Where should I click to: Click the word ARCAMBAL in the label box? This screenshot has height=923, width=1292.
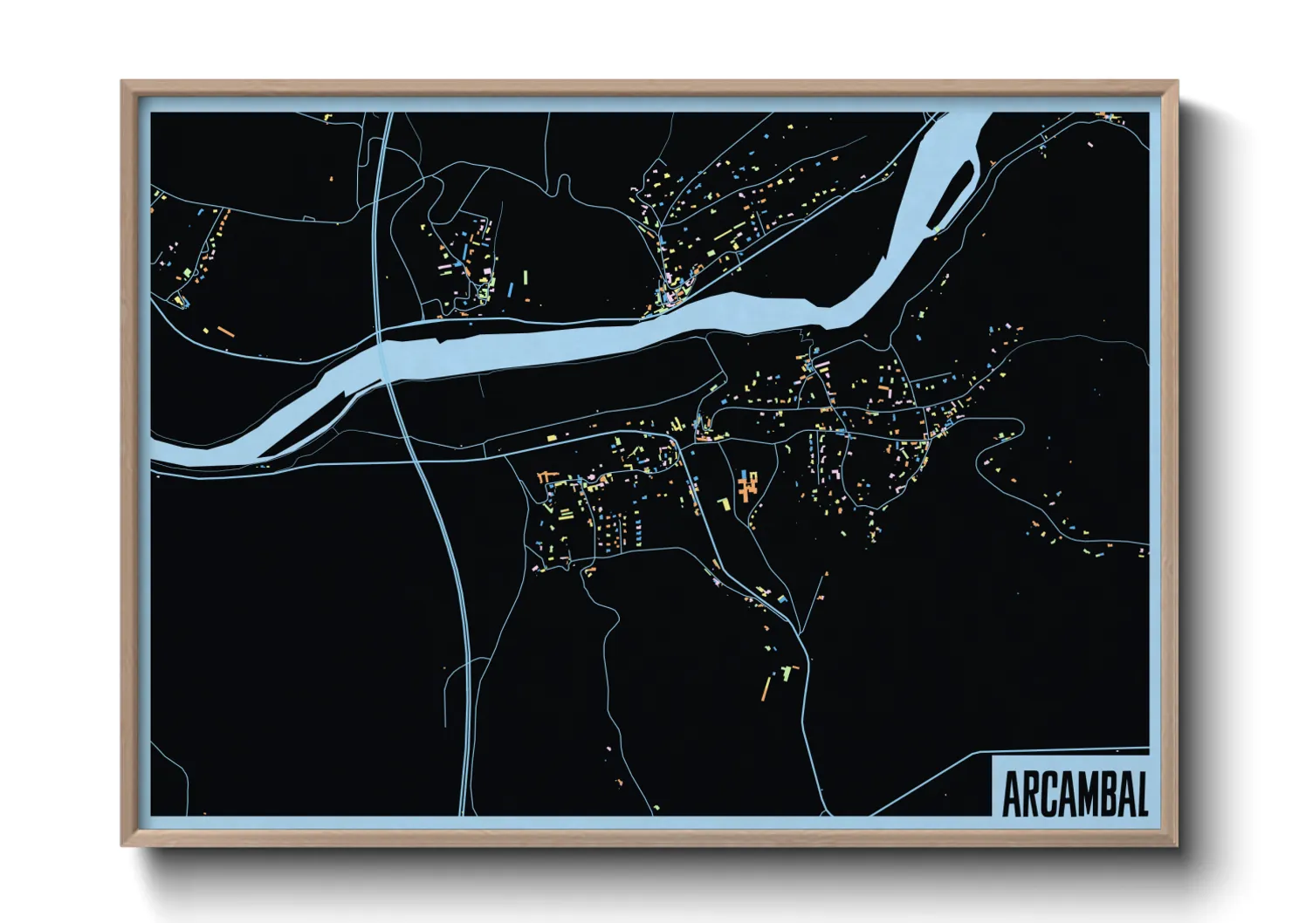(1074, 793)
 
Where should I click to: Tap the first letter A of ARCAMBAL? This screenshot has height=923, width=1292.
(1012, 793)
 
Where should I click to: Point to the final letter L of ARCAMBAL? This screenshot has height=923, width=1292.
(1140, 793)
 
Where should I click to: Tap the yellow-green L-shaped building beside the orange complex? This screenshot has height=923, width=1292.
(724, 503)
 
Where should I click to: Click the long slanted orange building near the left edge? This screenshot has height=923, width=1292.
(225, 332)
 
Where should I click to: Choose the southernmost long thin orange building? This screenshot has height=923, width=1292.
(766, 688)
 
